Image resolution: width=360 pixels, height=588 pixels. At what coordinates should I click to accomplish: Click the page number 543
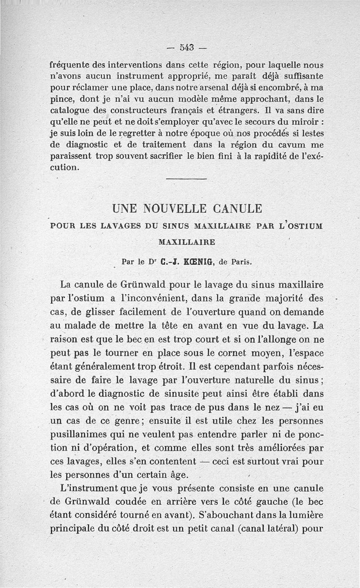(x=186, y=47)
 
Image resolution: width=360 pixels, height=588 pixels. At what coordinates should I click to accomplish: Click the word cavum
(x=288, y=145)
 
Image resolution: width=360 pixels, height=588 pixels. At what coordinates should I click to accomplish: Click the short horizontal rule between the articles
(x=186, y=180)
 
